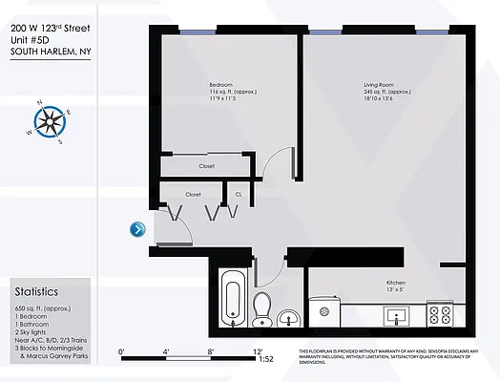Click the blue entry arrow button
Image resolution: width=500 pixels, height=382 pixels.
point(138,228)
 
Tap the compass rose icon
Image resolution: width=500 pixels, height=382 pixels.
point(48,120)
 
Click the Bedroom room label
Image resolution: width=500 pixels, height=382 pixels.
point(221,85)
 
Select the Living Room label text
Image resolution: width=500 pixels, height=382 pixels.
point(379,85)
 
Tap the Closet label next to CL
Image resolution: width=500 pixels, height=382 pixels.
point(194,194)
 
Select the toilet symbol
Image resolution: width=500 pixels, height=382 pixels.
point(262,308)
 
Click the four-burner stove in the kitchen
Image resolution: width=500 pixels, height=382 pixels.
point(440,312)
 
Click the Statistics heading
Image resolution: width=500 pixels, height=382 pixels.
point(36,291)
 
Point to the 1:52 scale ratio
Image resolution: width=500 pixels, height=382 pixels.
point(266,359)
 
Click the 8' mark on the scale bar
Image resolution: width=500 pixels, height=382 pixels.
point(210,350)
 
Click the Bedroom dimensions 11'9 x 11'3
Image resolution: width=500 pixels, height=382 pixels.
point(221,98)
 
